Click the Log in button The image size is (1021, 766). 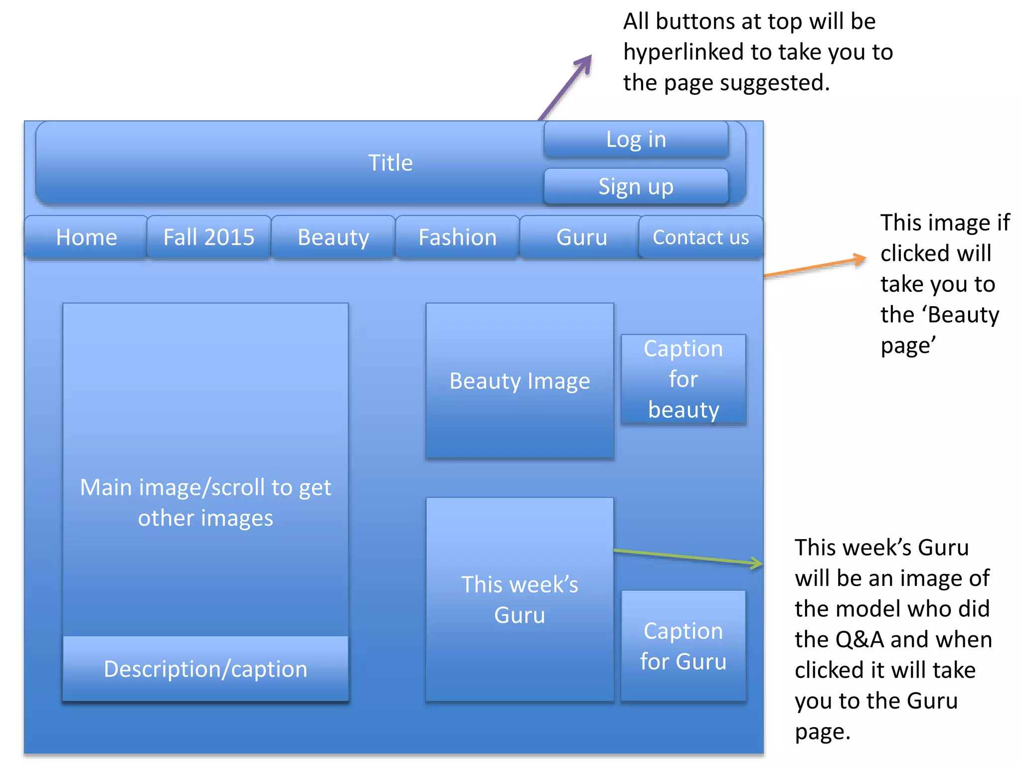tap(636, 140)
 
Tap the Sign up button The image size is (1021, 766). tap(636, 187)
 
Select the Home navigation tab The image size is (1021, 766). tap(86, 237)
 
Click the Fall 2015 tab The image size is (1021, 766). tap(209, 237)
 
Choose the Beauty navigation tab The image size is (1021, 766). tap(333, 237)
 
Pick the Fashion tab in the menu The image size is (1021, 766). tap(457, 237)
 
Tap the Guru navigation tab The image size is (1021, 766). tap(581, 237)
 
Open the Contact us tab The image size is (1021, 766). tap(700, 237)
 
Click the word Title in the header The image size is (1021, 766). tap(390, 163)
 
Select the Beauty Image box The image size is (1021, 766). tap(519, 381)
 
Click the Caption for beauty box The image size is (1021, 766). tap(683, 379)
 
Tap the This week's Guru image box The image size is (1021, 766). tap(519, 599)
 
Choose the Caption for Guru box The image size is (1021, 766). tap(683, 646)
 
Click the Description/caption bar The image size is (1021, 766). tap(205, 669)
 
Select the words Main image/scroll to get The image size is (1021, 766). tap(205, 488)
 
